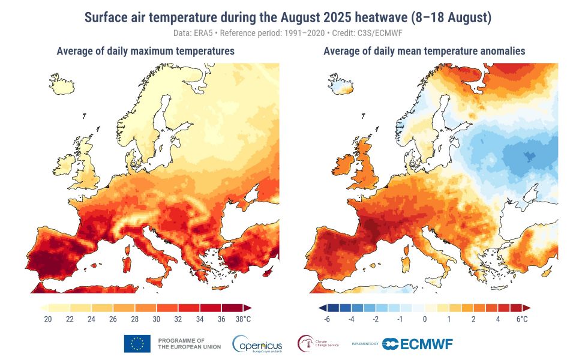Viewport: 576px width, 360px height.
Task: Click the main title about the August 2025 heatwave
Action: coord(287,17)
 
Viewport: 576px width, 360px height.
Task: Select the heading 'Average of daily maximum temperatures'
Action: coord(145,52)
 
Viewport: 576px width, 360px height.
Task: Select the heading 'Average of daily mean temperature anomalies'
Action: coord(424,52)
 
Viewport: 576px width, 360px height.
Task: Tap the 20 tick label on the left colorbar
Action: coord(48,319)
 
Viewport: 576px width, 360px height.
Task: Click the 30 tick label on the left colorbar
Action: coord(157,319)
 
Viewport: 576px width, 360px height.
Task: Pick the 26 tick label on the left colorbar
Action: coord(113,319)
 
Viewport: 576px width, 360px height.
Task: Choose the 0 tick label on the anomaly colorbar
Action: coord(424,319)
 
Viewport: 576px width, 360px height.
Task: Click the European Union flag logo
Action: coord(137,343)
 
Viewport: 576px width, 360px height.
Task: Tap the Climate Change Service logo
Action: coord(319,344)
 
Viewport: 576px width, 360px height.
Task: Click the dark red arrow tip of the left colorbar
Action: coord(247,308)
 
